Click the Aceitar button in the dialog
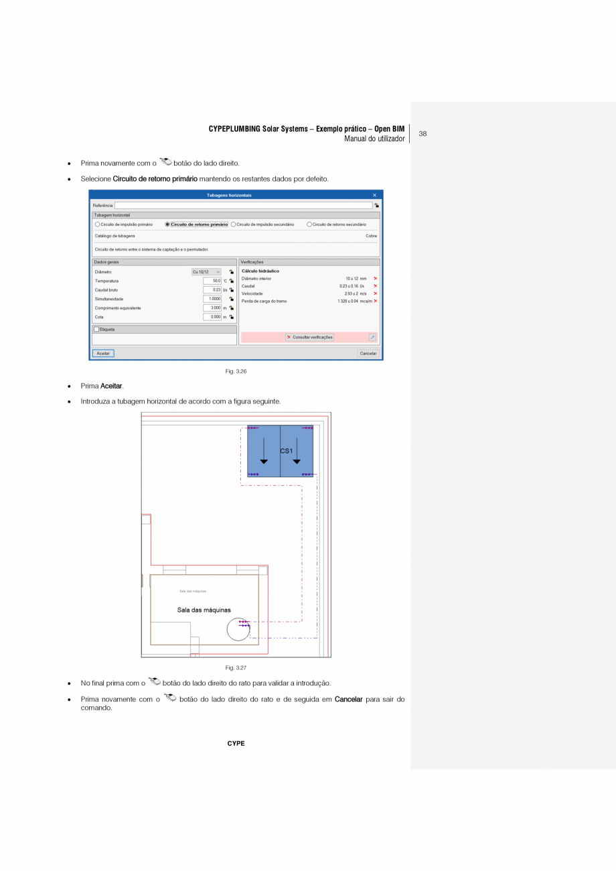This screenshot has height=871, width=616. [103, 353]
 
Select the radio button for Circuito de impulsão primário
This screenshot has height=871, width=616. [98, 224]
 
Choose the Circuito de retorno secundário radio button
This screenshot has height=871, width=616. [309, 224]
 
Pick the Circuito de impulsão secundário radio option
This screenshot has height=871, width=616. [234, 224]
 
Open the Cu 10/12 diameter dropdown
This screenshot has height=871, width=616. [206, 271]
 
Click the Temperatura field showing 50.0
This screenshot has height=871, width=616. [212, 281]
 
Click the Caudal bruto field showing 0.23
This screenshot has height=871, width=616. [212, 289]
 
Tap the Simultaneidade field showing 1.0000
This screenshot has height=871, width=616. [212, 299]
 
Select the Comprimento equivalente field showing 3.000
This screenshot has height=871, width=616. [212, 308]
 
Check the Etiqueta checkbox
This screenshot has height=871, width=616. [97, 330]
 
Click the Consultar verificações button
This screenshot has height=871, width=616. [309, 337]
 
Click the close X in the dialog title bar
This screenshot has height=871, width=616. [374, 195]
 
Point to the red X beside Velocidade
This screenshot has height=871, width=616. [376, 293]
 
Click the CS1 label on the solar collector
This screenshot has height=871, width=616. [286, 451]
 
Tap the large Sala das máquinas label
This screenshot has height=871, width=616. [204, 610]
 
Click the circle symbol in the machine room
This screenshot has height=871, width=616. [238, 630]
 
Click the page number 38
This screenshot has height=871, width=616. [422, 133]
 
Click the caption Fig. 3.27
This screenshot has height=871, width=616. [236, 667]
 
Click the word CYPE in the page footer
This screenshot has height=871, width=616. [236, 743]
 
